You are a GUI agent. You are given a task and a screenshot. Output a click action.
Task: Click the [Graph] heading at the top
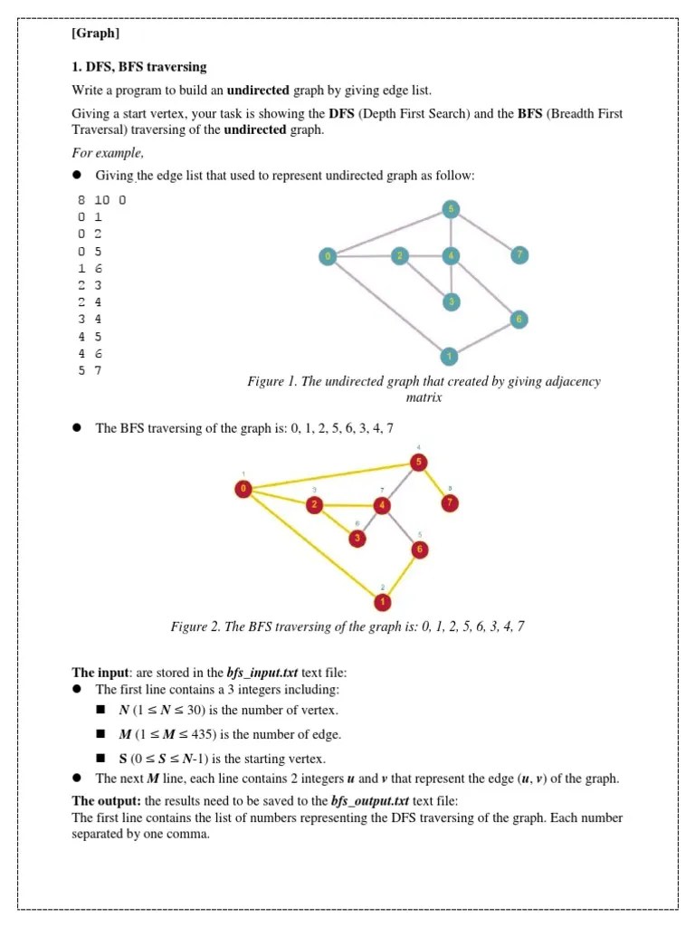pyautogui.click(x=95, y=34)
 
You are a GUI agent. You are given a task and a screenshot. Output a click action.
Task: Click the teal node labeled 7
pyautogui.click(x=519, y=256)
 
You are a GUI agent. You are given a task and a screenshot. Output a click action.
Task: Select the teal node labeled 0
pyautogui.click(x=328, y=257)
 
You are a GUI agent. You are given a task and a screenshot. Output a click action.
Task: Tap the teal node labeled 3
pyautogui.click(x=451, y=301)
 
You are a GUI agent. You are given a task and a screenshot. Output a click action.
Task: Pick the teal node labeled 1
pyautogui.click(x=450, y=355)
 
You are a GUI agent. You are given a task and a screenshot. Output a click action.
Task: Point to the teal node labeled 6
pyautogui.click(x=519, y=320)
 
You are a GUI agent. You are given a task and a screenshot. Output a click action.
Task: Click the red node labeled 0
pyautogui.click(x=243, y=490)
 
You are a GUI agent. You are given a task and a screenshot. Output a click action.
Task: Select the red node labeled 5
pyautogui.click(x=418, y=463)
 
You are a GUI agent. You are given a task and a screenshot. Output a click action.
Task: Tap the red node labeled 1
pyautogui.click(x=383, y=601)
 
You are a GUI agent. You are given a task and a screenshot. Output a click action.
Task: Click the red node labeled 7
pyautogui.click(x=450, y=503)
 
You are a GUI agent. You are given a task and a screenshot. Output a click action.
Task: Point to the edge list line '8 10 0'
pyautogui.click(x=101, y=200)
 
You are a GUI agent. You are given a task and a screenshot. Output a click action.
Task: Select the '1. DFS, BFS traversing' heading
pyautogui.click(x=139, y=67)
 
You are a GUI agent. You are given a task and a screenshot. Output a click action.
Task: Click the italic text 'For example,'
pyautogui.click(x=107, y=153)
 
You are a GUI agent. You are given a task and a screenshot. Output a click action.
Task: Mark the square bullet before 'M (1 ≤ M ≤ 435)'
pyautogui.click(x=102, y=734)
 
